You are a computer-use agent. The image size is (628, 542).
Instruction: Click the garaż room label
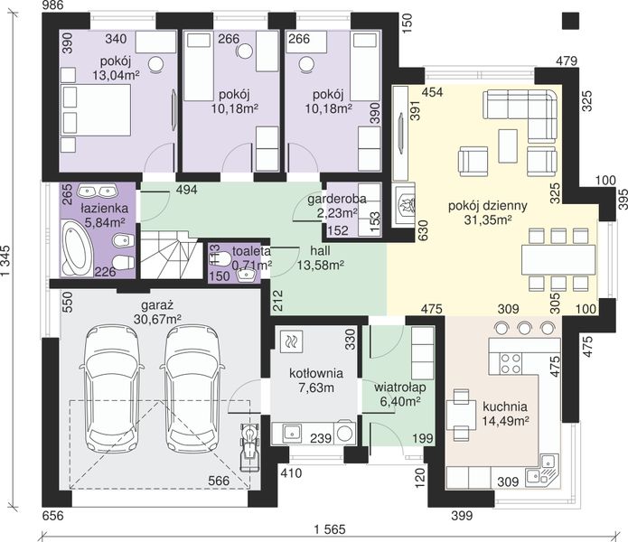(x=157, y=305)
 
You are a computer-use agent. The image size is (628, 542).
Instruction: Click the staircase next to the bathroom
(x=170, y=254)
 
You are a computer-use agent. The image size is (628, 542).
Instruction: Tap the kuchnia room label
(x=504, y=406)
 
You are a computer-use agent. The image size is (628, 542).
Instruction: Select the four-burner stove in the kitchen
(x=511, y=363)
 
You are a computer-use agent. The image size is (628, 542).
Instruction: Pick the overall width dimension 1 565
(x=329, y=529)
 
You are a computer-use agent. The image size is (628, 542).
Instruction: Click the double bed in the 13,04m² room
(x=96, y=109)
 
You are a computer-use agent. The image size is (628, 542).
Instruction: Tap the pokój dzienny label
(x=487, y=206)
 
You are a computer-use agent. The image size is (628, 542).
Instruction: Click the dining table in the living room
(x=558, y=259)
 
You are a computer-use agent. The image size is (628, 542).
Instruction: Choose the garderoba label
(x=336, y=199)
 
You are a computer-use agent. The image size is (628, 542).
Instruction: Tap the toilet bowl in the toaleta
(x=219, y=259)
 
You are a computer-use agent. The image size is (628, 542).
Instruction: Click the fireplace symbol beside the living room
(x=405, y=206)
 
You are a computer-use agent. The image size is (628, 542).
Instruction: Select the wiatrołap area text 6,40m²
(x=399, y=401)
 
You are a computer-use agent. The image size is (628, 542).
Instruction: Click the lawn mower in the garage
(x=250, y=447)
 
